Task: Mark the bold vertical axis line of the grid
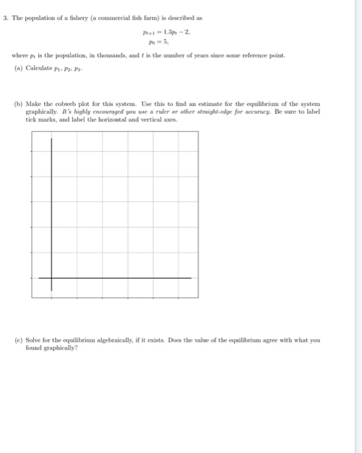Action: coord(52,207)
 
